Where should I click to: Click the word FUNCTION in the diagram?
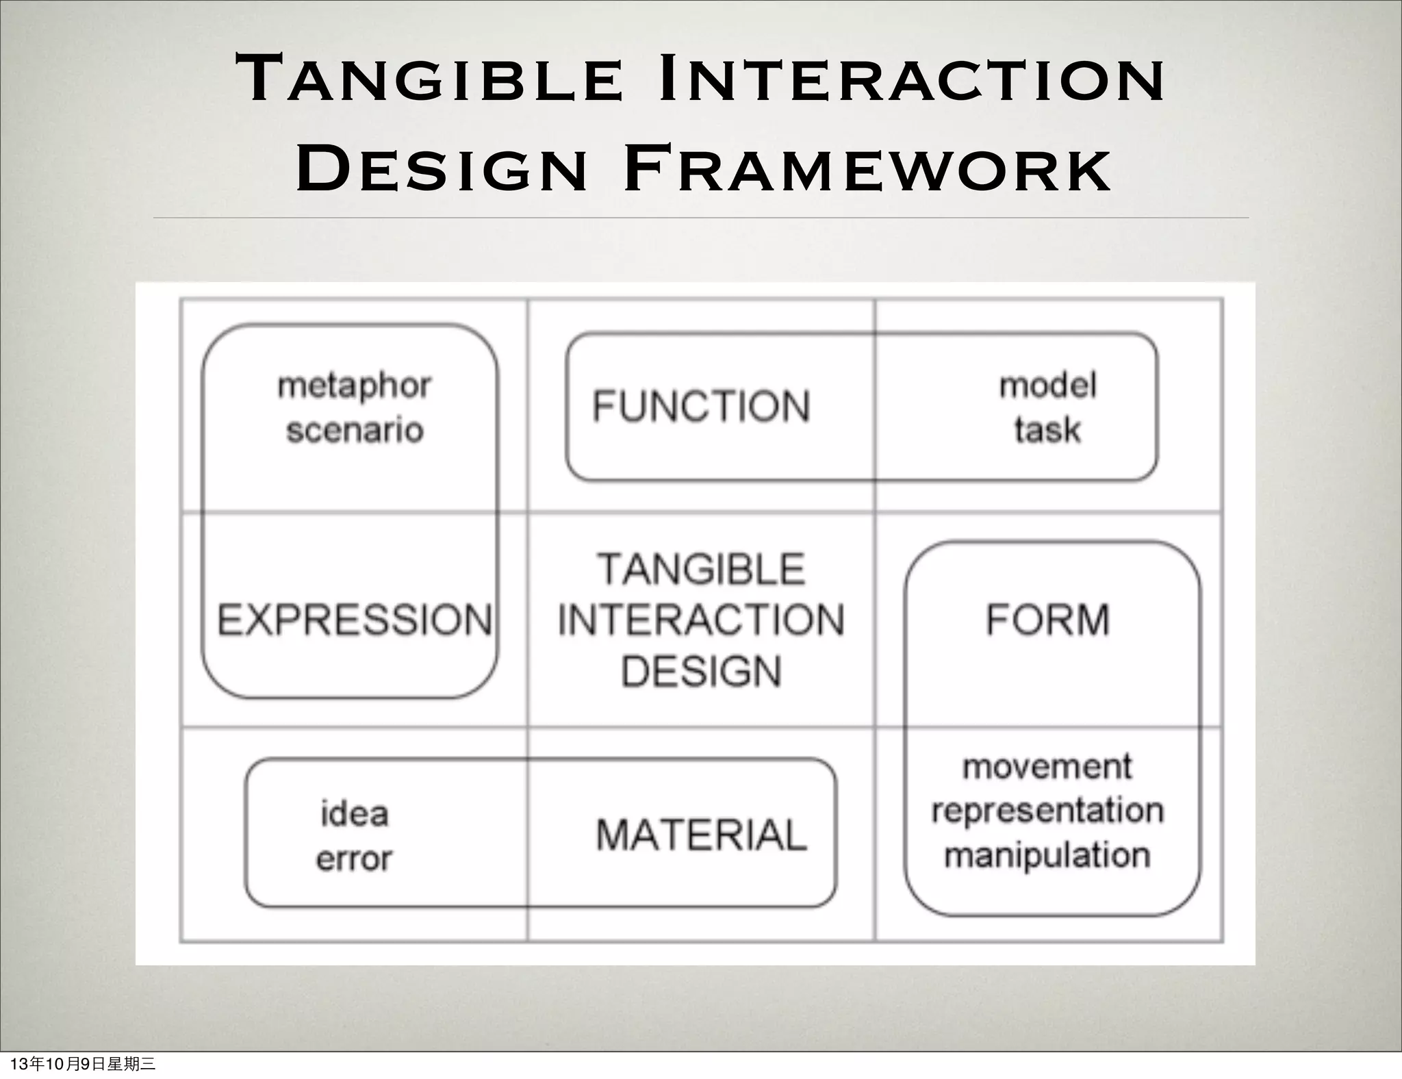click(701, 406)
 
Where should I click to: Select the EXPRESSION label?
click(355, 620)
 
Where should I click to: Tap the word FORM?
click(1047, 620)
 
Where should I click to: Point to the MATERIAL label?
click(701, 835)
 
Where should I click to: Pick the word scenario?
click(355, 431)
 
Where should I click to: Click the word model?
click(1048, 385)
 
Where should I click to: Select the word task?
click(1047, 431)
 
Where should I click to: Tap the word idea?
click(355, 814)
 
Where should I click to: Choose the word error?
click(354, 859)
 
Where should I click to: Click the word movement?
click(1047, 767)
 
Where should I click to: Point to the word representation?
click(1047, 811)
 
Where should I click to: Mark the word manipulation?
click(1047, 856)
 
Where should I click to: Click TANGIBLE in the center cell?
click(701, 570)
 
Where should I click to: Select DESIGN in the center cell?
click(701, 671)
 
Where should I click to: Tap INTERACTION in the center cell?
click(701, 620)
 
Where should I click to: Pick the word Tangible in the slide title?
click(429, 79)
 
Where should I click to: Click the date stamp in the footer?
click(84, 1064)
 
